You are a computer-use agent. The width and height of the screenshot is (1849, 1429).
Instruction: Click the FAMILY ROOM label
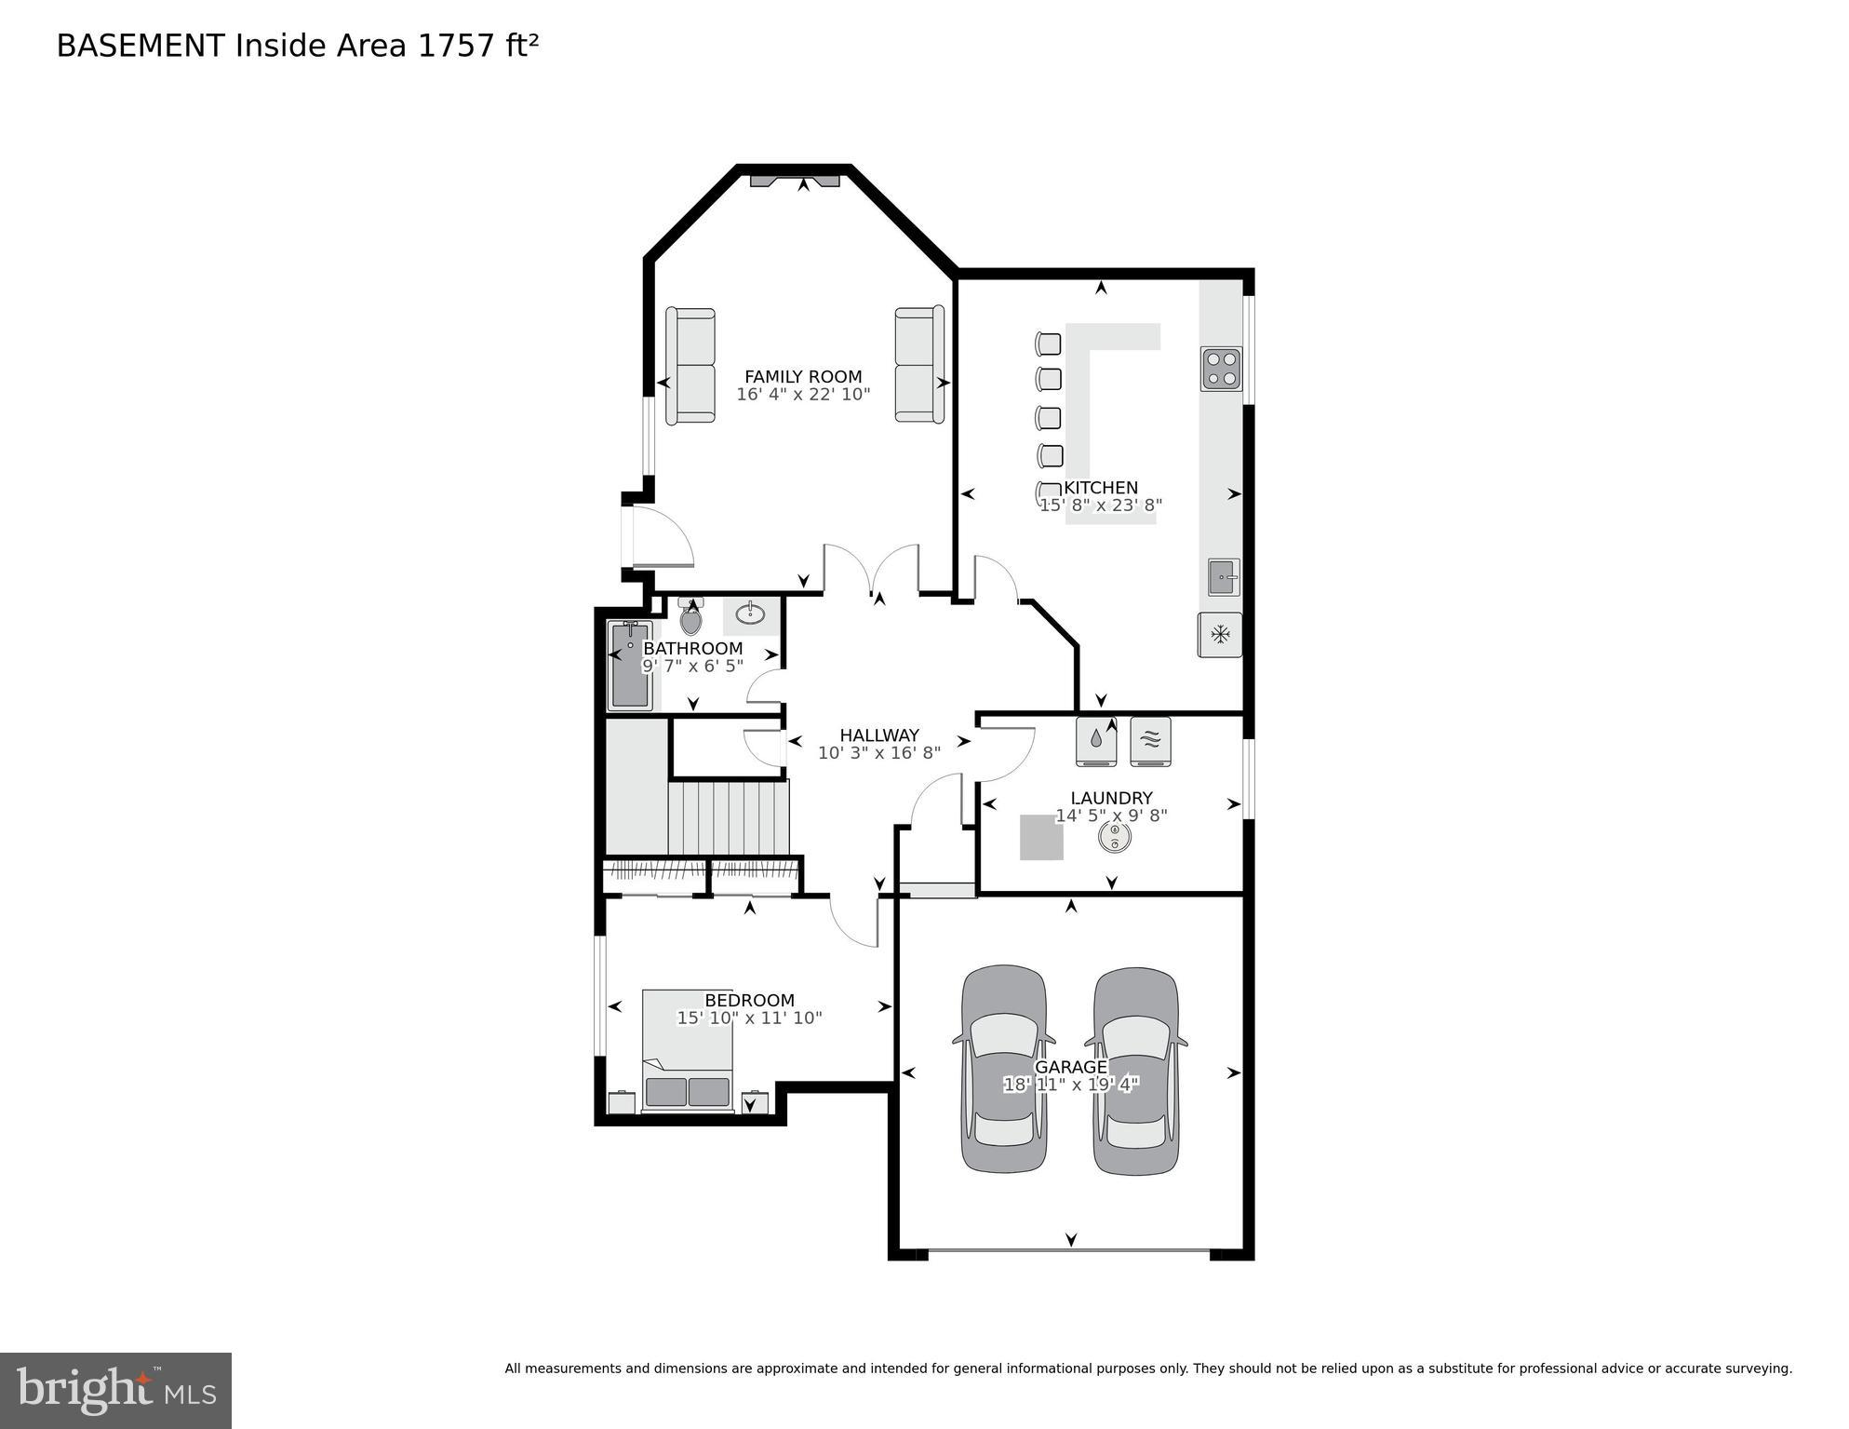click(802, 377)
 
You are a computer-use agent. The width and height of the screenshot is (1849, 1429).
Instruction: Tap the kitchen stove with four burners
click(1220, 369)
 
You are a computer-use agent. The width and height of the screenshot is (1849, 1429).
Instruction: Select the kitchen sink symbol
click(1223, 577)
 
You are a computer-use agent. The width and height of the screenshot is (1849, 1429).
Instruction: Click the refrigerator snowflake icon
click(1219, 635)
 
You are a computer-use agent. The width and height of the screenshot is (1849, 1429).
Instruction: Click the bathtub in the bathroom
click(629, 666)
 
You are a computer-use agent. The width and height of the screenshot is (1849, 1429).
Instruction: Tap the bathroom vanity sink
click(750, 614)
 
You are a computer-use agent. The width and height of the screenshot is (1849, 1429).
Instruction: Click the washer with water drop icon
click(1096, 741)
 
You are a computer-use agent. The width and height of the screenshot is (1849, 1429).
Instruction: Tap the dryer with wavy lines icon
click(1150, 741)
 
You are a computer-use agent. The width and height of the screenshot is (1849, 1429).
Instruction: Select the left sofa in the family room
click(690, 366)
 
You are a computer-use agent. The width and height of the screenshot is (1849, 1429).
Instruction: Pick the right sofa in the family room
click(918, 365)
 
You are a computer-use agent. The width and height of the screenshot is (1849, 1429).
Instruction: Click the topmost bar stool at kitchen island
click(1048, 344)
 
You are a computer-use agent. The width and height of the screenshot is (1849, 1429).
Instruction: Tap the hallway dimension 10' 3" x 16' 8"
click(878, 753)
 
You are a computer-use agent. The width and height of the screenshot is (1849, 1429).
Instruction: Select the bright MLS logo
click(115, 1390)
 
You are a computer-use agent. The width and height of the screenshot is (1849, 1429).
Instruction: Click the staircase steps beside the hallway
click(728, 817)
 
